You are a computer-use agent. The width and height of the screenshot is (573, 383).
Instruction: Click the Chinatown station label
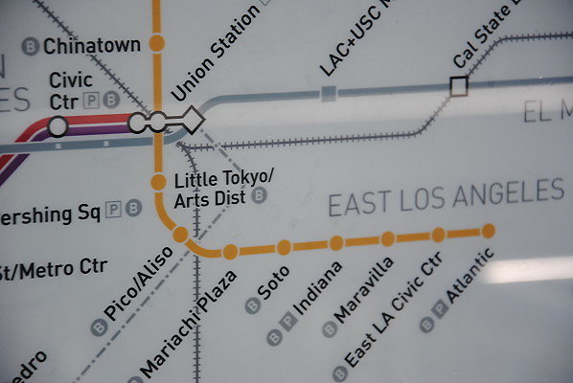pos(92,45)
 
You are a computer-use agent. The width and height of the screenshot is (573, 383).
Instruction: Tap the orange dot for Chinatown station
pos(157,43)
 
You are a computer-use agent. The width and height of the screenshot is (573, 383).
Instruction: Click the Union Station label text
pos(215,54)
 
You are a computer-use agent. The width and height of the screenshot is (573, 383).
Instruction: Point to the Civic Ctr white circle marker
pos(58,125)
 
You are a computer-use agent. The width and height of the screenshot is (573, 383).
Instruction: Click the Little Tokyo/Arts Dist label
pos(224,189)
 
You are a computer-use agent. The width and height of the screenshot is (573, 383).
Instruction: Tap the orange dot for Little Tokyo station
pos(158,182)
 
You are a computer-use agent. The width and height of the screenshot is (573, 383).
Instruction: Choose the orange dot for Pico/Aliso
pos(180,235)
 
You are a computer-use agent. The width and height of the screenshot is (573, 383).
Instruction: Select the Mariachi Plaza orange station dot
pos(230,252)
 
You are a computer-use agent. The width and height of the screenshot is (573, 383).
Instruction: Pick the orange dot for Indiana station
pos(336,243)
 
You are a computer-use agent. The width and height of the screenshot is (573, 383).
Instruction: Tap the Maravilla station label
pos(369,291)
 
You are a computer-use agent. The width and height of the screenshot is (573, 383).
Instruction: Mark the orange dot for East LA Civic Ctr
pos(438,235)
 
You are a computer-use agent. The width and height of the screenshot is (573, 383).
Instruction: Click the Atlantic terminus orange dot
pos(489,231)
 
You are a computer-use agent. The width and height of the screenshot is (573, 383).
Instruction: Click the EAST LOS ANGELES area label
pos(446,197)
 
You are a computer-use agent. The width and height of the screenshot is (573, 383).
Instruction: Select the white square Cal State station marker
pos(459,86)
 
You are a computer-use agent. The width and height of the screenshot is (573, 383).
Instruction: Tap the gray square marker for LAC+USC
pos(329,93)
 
